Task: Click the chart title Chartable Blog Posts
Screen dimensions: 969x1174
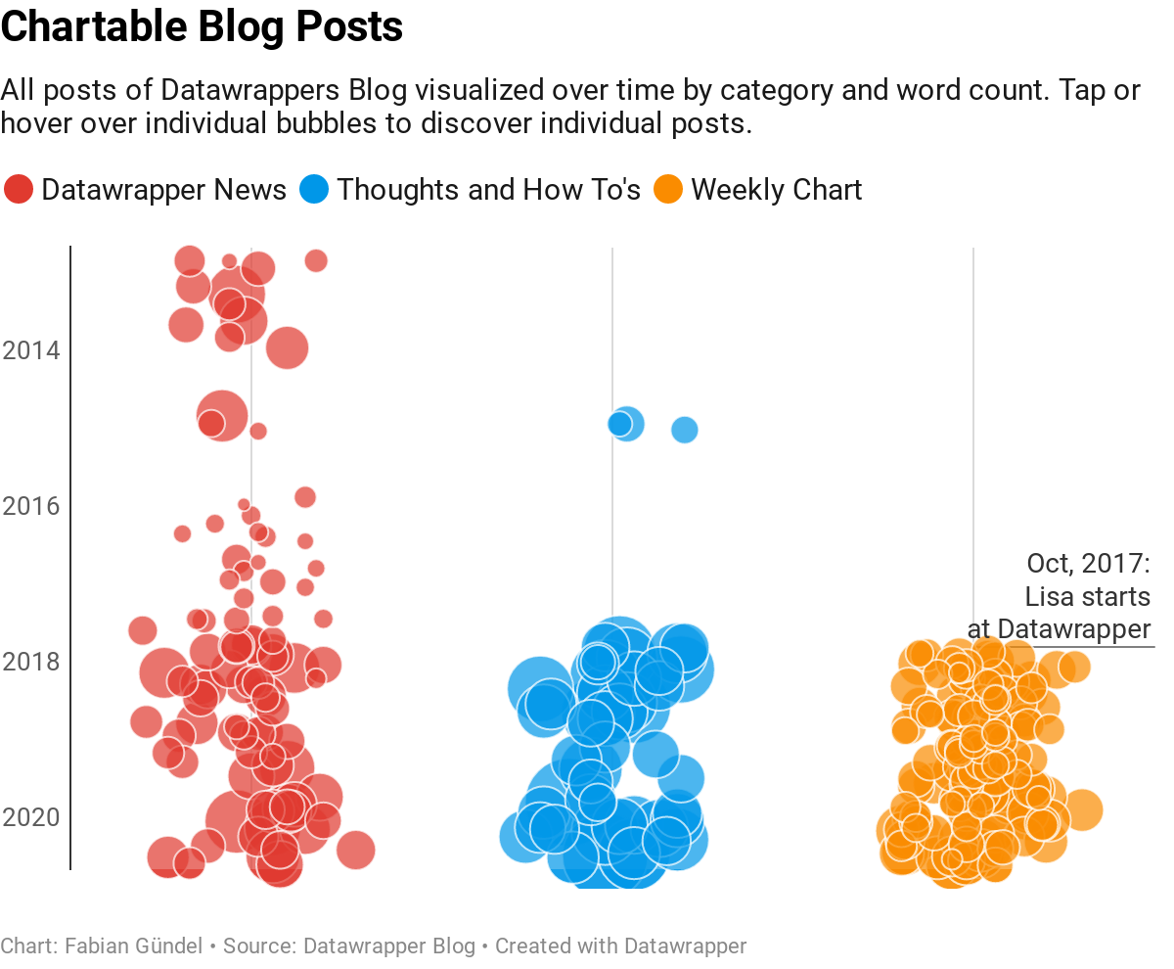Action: [x=202, y=27]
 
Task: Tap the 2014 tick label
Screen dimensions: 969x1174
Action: [x=31, y=350]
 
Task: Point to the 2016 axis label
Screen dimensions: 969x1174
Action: [x=31, y=506]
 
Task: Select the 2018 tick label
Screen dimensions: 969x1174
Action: [x=31, y=662]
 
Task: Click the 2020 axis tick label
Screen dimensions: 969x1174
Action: [x=31, y=817]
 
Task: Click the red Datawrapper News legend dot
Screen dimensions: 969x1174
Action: [x=19, y=189]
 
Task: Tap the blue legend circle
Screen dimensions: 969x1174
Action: [x=314, y=189]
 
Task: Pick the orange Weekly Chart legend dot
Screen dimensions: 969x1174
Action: [x=668, y=189]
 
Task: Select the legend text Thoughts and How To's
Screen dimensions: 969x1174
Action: [x=488, y=189]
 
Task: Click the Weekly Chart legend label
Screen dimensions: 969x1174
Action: [x=777, y=189]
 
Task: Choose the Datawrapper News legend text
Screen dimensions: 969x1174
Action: [x=163, y=189]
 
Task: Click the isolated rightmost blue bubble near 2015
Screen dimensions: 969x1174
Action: [x=685, y=430]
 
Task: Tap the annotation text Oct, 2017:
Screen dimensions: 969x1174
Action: [x=1088, y=564]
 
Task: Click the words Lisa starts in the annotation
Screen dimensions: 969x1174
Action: [x=1087, y=596]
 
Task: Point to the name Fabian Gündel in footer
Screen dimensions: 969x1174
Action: [x=134, y=946]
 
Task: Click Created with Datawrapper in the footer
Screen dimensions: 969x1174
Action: [x=620, y=946]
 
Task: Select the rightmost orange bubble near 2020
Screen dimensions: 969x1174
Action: [x=1082, y=810]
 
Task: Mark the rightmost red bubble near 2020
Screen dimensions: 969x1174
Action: [x=355, y=850]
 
